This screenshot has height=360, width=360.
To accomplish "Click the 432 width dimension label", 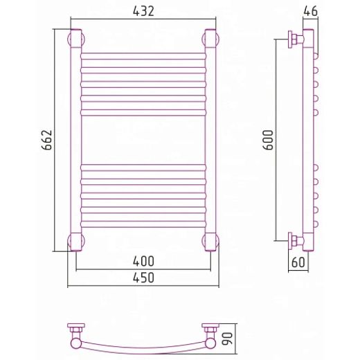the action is point(143,10).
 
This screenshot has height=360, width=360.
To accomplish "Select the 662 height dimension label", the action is point(47,140).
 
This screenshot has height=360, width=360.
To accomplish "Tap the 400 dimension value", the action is point(143,261).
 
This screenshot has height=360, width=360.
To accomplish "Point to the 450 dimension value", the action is point(143,278).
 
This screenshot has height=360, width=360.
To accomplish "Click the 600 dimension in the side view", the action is point(268,140).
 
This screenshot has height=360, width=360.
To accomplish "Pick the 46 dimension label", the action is point(311,10).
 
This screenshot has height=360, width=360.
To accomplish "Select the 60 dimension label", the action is point(298,262).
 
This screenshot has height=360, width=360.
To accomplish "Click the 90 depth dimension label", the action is point(227,339).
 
